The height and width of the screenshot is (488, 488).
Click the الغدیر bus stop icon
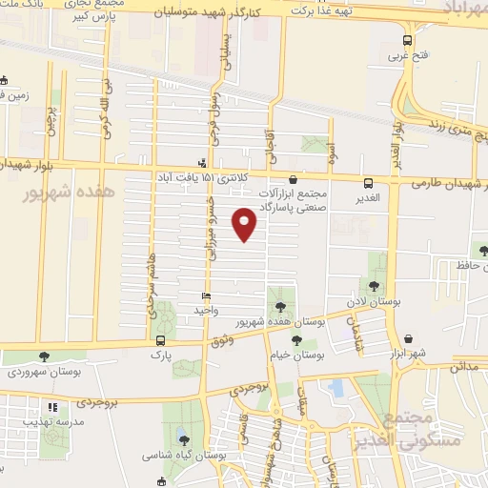368,183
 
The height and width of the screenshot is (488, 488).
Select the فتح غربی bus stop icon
407,40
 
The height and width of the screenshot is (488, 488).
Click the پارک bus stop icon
159,340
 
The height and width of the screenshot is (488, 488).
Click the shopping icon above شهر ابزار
408,338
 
